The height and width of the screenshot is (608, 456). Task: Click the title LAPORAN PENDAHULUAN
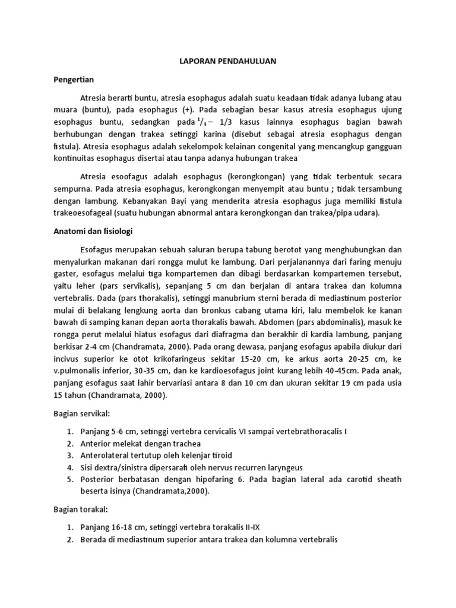click(227, 61)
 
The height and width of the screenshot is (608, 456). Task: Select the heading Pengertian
click(75, 78)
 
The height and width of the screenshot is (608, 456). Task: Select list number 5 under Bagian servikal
click(69, 480)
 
